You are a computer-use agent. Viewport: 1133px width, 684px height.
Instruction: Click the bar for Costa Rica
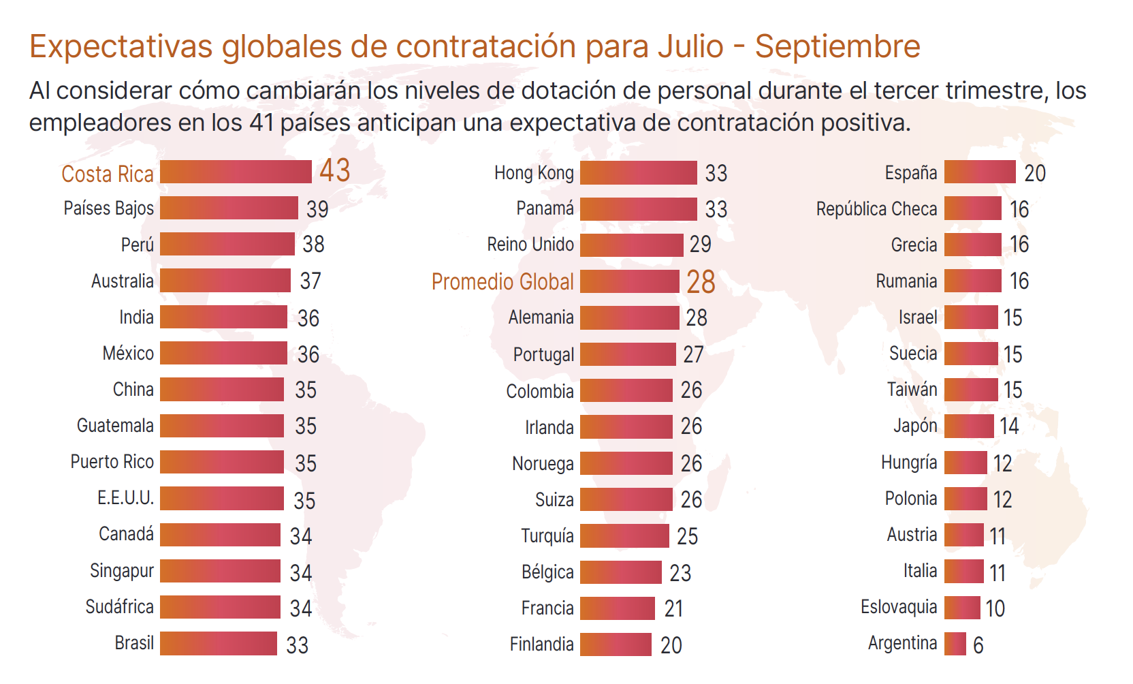236,172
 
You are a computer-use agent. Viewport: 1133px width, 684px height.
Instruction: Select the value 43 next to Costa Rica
335,170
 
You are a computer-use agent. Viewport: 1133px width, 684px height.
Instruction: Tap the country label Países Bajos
109,208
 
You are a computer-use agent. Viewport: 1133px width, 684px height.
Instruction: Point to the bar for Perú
227,244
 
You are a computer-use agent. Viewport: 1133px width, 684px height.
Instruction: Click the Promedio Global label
502,281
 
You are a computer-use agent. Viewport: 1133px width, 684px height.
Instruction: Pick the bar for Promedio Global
630,281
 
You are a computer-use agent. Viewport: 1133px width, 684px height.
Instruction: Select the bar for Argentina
955,644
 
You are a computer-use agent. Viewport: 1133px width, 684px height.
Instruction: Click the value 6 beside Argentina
978,645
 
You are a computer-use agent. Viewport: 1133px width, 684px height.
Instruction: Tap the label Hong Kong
534,173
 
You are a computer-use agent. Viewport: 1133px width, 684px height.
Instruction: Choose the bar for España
980,172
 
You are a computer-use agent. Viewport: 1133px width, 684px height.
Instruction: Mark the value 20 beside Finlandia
671,645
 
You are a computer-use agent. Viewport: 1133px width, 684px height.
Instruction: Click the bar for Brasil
219,644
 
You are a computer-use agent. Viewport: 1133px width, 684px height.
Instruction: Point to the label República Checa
876,208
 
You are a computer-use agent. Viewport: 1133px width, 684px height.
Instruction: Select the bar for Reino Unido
632,245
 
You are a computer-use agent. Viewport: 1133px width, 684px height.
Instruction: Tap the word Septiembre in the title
837,46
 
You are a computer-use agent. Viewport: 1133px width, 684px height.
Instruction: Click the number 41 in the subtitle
261,123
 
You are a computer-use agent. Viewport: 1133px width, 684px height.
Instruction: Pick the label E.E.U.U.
125,498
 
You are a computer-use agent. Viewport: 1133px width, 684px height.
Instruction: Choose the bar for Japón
969,426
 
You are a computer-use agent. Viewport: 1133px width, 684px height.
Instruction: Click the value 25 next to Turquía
688,536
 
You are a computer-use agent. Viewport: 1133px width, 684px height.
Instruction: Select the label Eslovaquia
899,607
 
